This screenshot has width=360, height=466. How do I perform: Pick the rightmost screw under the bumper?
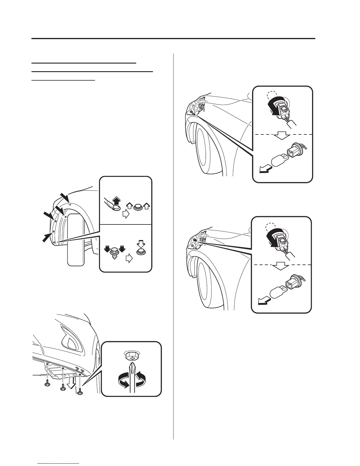click(80, 390)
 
